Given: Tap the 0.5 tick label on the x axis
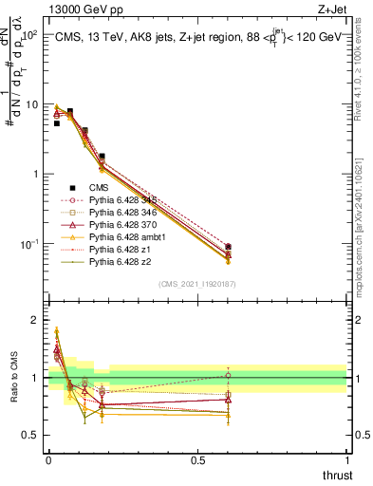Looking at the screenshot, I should (x=196, y=460).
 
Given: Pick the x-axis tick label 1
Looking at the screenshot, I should (x=345, y=460).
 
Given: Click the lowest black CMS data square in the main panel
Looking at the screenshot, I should (x=228, y=247).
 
